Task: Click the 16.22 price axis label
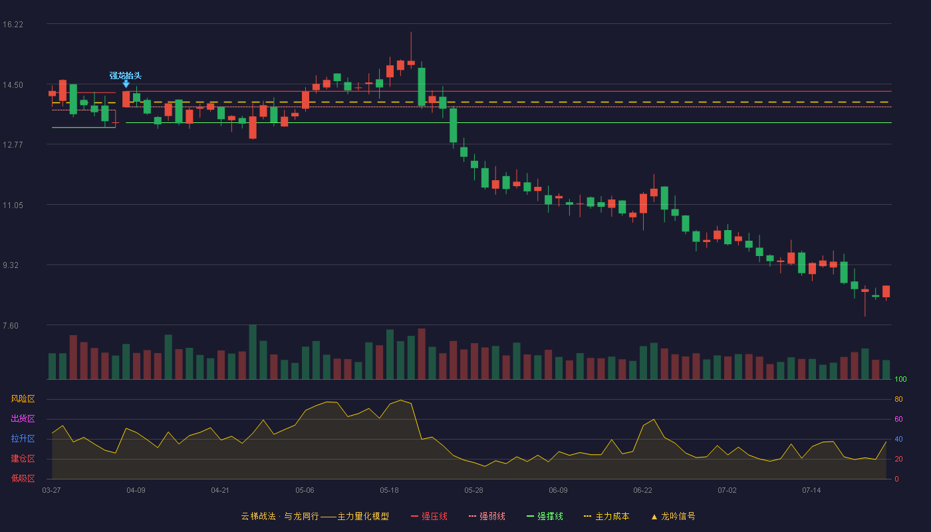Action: coord(13,25)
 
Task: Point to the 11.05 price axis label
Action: coord(13,205)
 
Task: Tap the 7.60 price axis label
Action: coord(11,326)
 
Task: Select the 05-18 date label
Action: coord(389,491)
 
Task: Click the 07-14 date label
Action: coord(811,491)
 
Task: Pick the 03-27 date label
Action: coord(52,491)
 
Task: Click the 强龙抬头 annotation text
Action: coord(126,76)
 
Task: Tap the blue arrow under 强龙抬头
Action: coord(126,84)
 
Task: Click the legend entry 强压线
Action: coord(430,516)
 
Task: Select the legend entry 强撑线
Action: coord(545,516)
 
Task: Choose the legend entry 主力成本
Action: coord(606,516)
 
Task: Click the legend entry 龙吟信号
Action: coord(673,516)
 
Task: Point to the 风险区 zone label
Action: coord(23,399)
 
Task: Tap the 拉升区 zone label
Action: coord(23,439)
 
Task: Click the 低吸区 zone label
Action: coord(23,479)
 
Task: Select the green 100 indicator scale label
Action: coord(900,379)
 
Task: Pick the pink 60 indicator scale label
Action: coord(898,419)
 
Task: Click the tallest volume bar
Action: coord(253,352)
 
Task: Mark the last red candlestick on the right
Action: coord(886,291)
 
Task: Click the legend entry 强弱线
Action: coord(487,516)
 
